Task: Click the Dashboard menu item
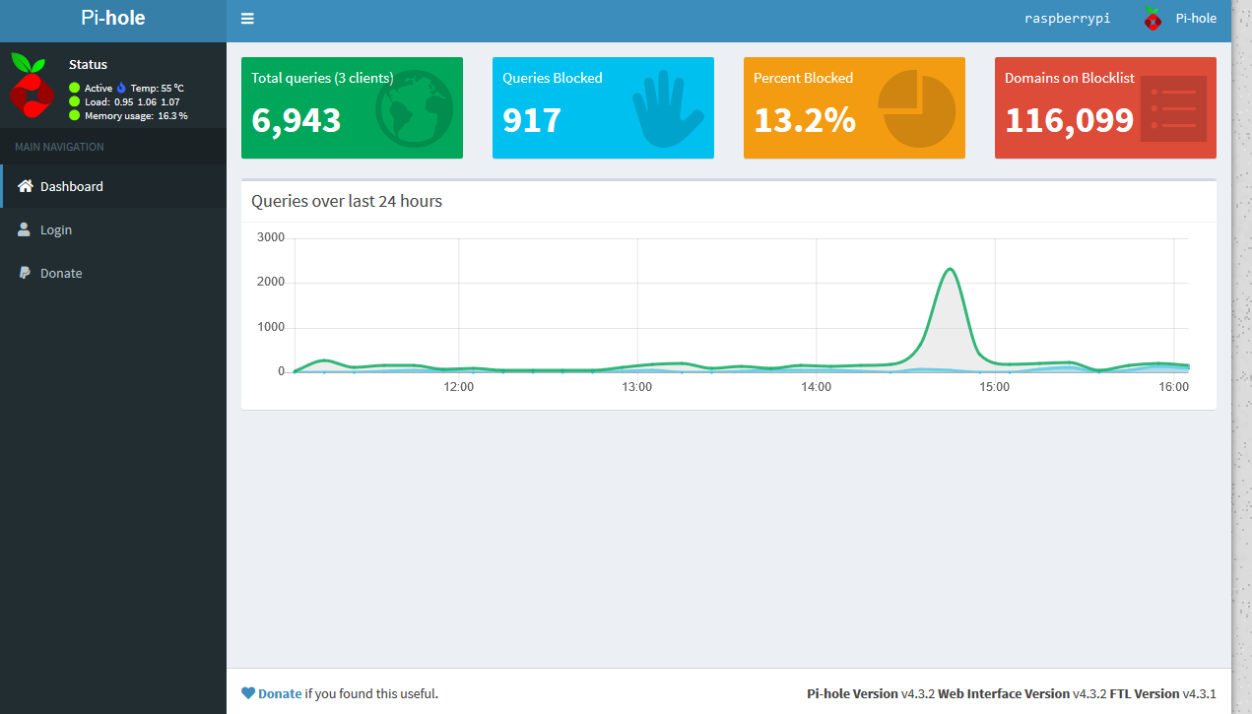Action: [x=71, y=186]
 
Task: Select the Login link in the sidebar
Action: [x=55, y=229]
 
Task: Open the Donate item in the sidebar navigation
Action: [x=60, y=273]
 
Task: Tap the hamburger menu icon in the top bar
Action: [x=247, y=19]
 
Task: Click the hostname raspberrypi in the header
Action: [x=1067, y=19]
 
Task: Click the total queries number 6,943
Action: [x=296, y=120]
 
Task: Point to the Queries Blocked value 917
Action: [x=532, y=120]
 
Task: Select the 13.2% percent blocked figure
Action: [x=804, y=120]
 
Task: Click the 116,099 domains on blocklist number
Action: [x=1069, y=120]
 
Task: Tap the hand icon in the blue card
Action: [x=667, y=107]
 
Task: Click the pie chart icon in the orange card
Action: [x=916, y=107]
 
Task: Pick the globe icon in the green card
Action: [x=414, y=107]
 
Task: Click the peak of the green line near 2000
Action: [x=950, y=269]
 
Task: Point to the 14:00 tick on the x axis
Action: [x=816, y=387]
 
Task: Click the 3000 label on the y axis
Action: [x=270, y=237]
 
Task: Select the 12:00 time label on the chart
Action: [x=459, y=387]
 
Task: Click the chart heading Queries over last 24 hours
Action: [x=347, y=201]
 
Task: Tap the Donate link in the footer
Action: [x=280, y=693]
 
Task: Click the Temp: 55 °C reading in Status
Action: [x=157, y=88]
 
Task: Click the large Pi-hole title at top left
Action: [x=113, y=19]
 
